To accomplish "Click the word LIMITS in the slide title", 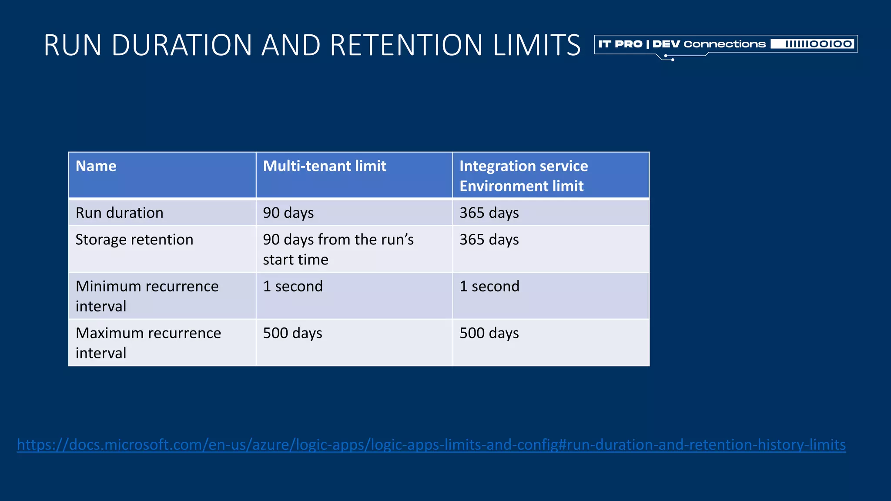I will tap(536, 45).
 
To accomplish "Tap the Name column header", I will tap(96, 166).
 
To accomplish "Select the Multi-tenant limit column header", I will tap(325, 166).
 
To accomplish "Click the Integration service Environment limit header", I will tap(523, 176).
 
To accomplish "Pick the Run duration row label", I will tap(120, 213).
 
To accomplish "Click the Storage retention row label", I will tap(134, 240).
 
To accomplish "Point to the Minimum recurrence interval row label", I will tap(147, 296).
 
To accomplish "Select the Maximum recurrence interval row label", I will tap(148, 343).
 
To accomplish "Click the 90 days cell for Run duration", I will tap(288, 213).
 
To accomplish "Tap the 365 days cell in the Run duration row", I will tap(489, 213).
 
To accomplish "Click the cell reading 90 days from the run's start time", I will tap(338, 249).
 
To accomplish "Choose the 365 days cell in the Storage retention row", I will tap(489, 240).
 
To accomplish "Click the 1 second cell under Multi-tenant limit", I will tap(293, 286).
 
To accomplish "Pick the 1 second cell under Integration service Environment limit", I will tap(489, 286).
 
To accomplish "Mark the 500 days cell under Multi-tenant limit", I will tap(292, 333).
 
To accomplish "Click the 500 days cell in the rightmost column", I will tap(489, 333).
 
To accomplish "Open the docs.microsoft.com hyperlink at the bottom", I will tap(431, 444).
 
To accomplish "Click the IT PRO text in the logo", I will tap(620, 44).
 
